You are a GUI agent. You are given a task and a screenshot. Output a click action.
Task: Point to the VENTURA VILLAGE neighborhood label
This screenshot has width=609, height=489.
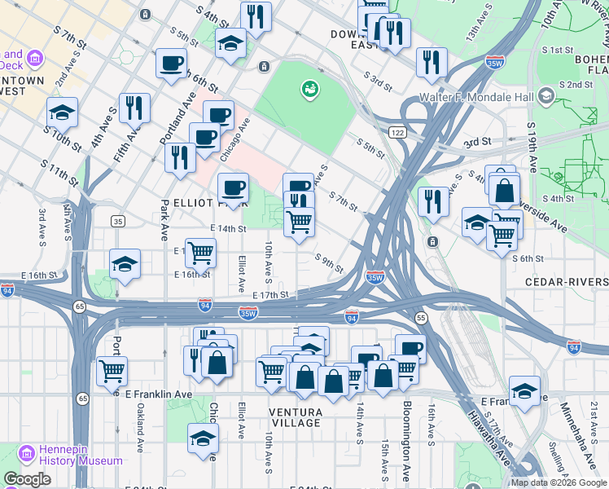[296, 417]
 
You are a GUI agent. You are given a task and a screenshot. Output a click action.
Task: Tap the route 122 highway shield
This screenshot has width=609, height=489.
[397, 133]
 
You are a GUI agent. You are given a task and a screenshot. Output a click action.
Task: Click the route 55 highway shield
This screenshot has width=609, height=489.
[420, 317]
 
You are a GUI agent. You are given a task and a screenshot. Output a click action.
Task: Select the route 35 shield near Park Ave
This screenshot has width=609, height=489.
[119, 222]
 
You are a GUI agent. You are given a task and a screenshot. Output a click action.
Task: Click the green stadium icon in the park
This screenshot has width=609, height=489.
[309, 88]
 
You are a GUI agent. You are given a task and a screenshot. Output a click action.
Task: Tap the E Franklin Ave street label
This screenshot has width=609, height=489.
[159, 394]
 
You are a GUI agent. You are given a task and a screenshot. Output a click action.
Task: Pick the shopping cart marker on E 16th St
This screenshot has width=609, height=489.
[200, 252]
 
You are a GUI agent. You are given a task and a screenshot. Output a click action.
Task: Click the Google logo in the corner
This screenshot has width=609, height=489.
[27, 479]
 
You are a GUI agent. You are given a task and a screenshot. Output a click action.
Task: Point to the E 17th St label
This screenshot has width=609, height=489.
[271, 295]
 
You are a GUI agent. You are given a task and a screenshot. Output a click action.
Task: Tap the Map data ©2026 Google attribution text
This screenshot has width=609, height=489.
[558, 482]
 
